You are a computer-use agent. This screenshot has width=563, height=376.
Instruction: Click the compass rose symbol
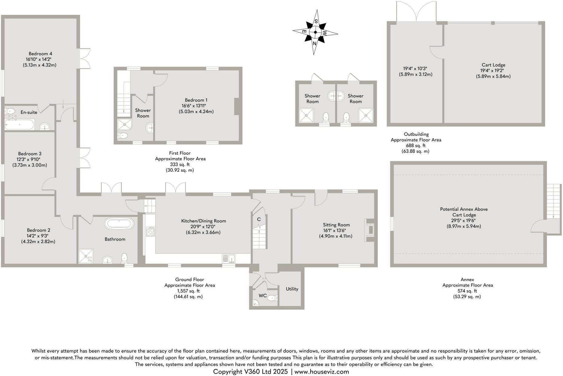click(x=315, y=32)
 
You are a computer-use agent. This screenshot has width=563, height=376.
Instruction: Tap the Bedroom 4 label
click(x=40, y=54)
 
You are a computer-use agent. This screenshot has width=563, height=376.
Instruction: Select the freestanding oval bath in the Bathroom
click(x=119, y=224)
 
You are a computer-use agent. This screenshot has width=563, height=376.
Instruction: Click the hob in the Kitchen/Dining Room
click(x=150, y=232)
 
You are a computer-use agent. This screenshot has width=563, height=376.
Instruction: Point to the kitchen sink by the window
click(x=229, y=259)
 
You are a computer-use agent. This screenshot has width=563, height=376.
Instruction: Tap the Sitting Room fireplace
click(x=370, y=229)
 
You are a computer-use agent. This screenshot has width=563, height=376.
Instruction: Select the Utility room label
click(x=292, y=289)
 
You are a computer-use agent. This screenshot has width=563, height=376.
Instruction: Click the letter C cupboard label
click(x=259, y=219)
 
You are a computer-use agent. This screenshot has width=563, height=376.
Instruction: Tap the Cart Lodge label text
click(x=493, y=65)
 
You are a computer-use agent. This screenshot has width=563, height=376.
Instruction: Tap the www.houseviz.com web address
click(x=321, y=371)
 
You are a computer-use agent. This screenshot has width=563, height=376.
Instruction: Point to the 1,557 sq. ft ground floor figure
click(x=188, y=291)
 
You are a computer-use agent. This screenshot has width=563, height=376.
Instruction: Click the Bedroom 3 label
click(x=30, y=153)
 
